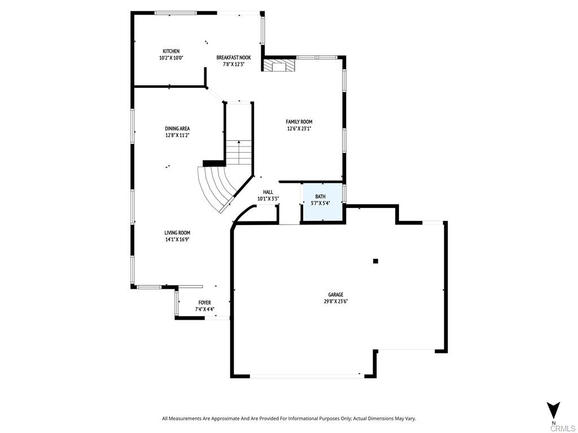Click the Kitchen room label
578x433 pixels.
pyautogui.click(x=171, y=51)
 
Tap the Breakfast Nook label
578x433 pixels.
pyautogui.click(x=233, y=58)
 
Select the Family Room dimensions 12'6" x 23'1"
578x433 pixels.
pyautogui.click(x=299, y=129)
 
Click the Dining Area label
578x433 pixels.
pyautogui.click(x=177, y=129)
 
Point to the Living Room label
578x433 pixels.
pyautogui.click(x=177, y=233)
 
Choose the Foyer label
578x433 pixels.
pyautogui.click(x=204, y=303)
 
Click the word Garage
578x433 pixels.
pyautogui.click(x=336, y=295)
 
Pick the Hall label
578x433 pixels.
pyautogui.click(x=268, y=192)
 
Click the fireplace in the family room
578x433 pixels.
pyautogui.click(x=278, y=66)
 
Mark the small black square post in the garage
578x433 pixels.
pyautogui.click(x=375, y=261)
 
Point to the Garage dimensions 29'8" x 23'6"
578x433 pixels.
pyautogui.click(x=336, y=301)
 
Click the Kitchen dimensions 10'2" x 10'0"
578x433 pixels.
pyautogui.click(x=171, y=58)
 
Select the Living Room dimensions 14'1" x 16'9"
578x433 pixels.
pyautogui.click(x=177, y=239)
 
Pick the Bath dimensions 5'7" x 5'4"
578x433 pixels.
pyautogui.click(x=320, y=203)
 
